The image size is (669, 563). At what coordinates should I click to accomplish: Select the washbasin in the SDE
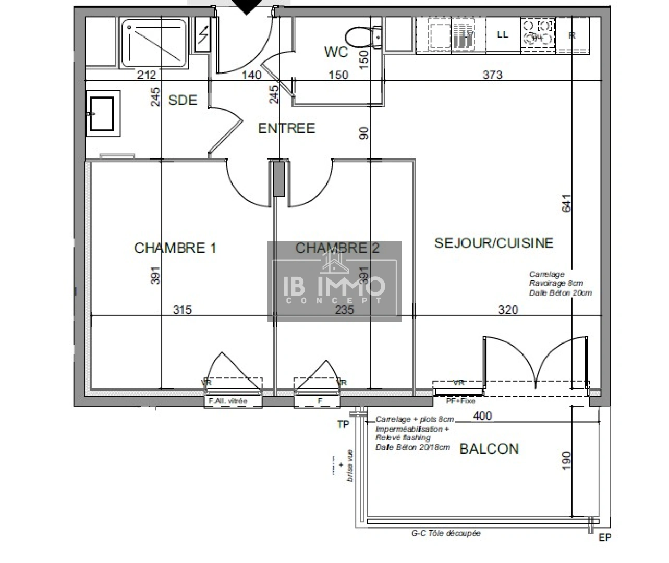coord(102,113)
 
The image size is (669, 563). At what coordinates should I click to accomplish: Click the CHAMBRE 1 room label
coord(175,248)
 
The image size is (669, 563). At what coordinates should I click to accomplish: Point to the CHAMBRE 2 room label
coord(337,248)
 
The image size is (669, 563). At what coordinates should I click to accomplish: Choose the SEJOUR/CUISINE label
coord(494,243)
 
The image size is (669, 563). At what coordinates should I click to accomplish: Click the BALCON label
coord(489,449)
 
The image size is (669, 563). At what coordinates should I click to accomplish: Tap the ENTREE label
coord(286,128)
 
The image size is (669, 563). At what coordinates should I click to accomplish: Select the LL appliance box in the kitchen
coord(503,35)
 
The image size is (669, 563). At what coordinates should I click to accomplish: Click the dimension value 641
coord(567,203)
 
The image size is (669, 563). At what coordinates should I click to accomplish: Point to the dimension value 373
coord(492,75)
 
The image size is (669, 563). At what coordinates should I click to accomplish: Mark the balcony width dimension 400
coord(482,416)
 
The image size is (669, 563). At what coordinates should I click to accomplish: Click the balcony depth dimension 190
coord(567,460)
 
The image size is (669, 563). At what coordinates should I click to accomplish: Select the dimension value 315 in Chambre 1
coord(183,310)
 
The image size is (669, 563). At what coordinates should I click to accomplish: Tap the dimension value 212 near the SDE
coord(147,75)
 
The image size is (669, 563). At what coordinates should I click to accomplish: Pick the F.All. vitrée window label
coord(228,401)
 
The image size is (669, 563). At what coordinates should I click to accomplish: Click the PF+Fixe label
coord(460,401)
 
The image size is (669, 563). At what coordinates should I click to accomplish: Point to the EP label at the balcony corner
coord(605,537)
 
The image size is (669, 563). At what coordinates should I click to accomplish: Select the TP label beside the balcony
coord(343,424)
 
